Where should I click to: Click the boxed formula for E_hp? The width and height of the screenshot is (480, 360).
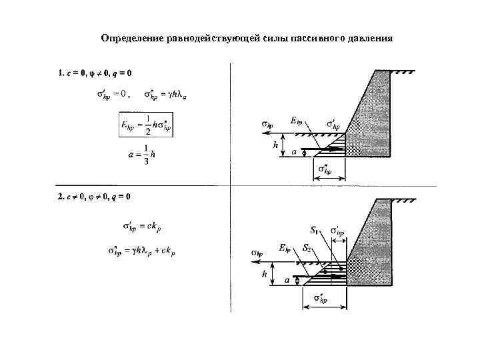pos(145,125)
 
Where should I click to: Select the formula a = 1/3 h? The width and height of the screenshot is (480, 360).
pos(142,154)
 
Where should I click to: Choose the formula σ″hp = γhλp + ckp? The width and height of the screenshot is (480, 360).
pos(142,251)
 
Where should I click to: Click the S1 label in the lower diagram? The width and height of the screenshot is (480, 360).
pos(314,231)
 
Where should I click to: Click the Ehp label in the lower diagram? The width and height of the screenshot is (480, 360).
pos(285,248)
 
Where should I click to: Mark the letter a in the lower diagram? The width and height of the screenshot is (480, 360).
pos(287,281)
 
